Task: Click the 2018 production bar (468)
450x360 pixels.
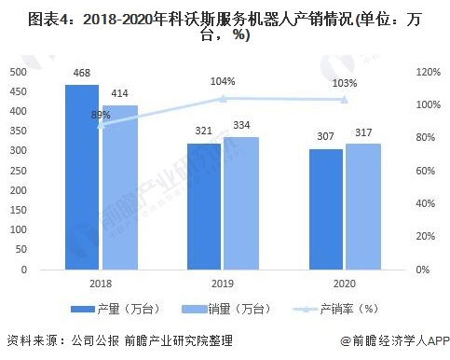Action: tap(81, 177)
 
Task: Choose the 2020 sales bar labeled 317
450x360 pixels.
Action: tap(364, 207)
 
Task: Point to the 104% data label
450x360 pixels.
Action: tap(223, 81)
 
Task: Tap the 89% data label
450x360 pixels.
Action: tap(101, 114)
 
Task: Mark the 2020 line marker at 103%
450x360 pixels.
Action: tap(345, 100)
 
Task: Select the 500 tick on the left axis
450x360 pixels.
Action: tap(17, 72)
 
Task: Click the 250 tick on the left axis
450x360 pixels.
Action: tap(17, 171)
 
